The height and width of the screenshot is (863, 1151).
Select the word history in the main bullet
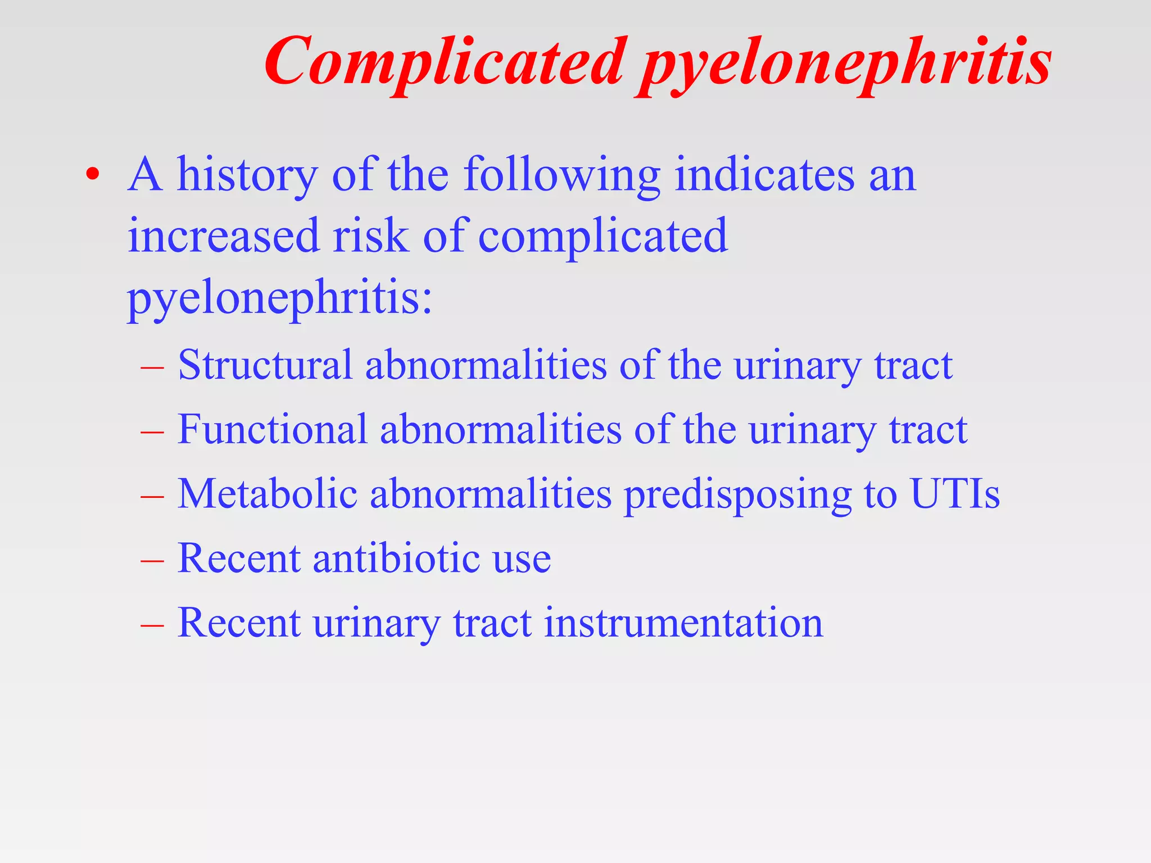[247, 175]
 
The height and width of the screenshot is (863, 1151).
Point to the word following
[561, 175]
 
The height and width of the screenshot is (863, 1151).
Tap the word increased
[224, 235]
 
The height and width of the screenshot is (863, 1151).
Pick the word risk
[370, 235]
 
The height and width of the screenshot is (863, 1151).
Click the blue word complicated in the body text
[602, 237]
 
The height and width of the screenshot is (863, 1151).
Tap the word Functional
[272, 429]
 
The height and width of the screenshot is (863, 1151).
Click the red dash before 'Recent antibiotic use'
[152, 560]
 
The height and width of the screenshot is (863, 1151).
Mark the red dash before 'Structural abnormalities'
[152, 367]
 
